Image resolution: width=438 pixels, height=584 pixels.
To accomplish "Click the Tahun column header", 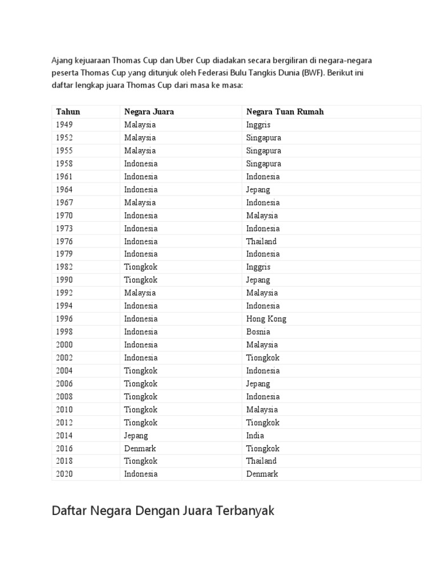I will point(68,112).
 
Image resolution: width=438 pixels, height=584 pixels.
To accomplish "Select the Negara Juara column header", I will point(149,112).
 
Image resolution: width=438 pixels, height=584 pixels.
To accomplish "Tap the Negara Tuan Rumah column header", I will point(285,112).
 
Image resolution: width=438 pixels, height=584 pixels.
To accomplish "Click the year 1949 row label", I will point(64,124).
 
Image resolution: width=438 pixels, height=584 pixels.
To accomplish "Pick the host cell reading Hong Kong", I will point(266,319).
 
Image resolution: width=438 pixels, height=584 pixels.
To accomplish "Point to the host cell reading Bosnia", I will point(258,332).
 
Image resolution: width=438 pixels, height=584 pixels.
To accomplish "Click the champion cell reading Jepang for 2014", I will point(136,436).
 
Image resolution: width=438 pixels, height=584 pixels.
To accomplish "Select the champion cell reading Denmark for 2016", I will point(140,449).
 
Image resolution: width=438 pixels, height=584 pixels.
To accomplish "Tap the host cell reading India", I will point(255,436).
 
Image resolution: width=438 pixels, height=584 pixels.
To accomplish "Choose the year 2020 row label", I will point(64,474).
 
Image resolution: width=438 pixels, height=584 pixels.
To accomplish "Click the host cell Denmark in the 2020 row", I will point(262,474).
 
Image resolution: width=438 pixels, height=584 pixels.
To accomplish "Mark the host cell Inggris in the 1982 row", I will point(258,267).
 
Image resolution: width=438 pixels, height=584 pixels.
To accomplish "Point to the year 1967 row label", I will point(64,202).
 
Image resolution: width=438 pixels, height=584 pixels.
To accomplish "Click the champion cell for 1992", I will point(140,293).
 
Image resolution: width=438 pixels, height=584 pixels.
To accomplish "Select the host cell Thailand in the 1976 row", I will point(261,241).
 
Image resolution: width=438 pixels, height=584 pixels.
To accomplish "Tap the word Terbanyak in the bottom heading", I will point(245,510).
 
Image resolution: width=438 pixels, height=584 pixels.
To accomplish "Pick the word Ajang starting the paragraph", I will point(63,60).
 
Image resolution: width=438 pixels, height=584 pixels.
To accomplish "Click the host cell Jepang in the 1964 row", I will point(258,189).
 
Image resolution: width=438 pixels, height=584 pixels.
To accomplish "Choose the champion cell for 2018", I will point(141,461).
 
